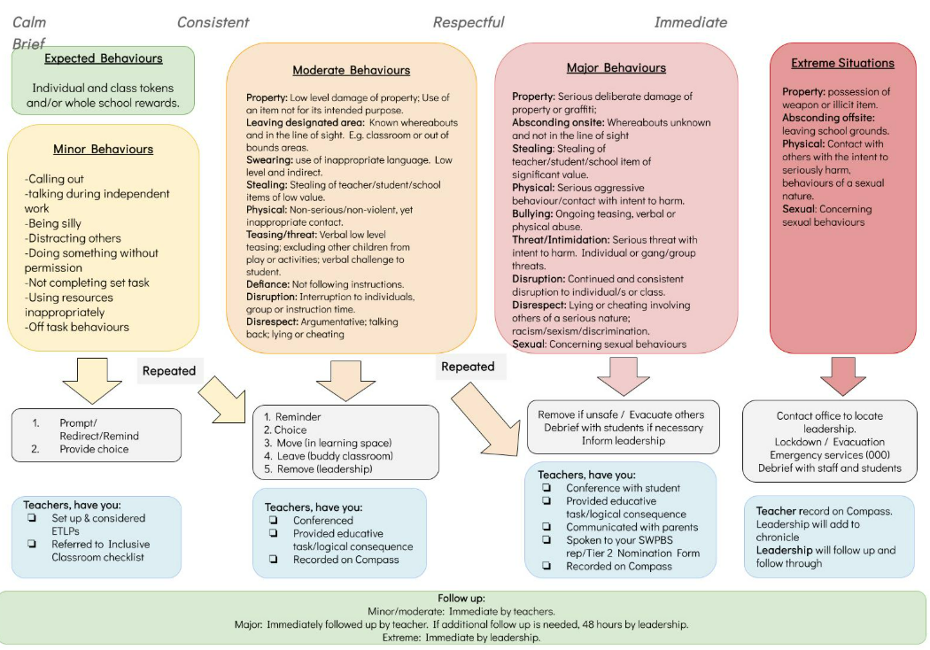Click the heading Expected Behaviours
point(104,59)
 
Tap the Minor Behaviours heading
point(103,149)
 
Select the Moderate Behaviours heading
point(351,70)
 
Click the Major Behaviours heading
point(616,67)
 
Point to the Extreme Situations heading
point(842,63)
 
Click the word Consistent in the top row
point(213,22)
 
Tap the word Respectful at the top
point(469,22)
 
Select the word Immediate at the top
point(690,22)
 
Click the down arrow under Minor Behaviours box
point(92,380)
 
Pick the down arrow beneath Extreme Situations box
point(842,375)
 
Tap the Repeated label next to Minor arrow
point(168,371)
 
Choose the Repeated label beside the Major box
point(468,367)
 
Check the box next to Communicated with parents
point(546,527)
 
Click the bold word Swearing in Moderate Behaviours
point(270,159)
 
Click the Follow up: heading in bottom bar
point(461,598)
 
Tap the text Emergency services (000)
point(830,455)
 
